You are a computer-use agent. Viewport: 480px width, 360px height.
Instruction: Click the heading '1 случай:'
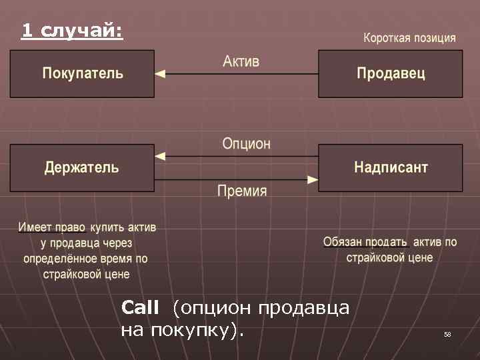tap(72, 30)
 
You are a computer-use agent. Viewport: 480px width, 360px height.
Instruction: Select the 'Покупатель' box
tap(83, 73)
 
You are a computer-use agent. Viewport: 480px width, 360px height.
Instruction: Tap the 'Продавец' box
tap(391, 73)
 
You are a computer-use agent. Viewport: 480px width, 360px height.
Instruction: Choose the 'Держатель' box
tap(82, 167)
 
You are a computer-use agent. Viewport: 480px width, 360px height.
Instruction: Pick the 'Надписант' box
tap(391, 167)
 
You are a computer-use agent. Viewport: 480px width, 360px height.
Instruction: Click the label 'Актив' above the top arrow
tap(241, 61)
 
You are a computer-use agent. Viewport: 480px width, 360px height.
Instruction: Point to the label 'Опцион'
tap(246, 143)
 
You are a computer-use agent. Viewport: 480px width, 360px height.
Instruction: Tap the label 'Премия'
tap(242, 191)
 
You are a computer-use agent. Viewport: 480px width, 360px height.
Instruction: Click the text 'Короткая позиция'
tap(409, 38)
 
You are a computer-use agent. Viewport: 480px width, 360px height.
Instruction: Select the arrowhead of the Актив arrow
tap(160, 74)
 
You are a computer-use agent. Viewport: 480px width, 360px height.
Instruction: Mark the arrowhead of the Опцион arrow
tap(160, 157)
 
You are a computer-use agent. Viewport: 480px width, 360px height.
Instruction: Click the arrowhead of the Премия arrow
tap(313, 179)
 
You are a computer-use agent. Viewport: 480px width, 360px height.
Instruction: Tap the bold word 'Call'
tap(140, 307)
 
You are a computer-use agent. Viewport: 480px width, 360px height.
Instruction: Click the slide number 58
tap(447, 334)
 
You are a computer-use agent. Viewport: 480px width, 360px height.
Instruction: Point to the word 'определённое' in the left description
tap(56, 258)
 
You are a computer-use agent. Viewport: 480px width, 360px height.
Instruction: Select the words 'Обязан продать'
tap(365, 242)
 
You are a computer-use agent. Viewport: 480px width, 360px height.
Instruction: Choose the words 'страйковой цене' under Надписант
tap(389, 257)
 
